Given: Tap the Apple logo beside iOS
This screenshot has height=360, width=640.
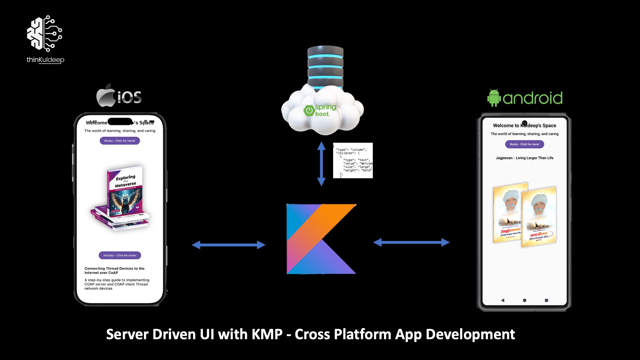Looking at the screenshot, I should [106, 96].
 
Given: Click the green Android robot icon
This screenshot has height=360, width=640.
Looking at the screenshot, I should [493, 98].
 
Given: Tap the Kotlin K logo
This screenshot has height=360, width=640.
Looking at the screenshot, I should [321, 239].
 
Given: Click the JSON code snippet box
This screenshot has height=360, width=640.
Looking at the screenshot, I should [353, 160].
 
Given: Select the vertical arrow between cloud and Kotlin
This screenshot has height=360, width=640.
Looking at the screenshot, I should [321, 164].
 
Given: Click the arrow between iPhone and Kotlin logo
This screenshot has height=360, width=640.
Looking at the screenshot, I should [228, 245].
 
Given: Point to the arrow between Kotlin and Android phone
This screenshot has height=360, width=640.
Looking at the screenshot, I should [412, 242].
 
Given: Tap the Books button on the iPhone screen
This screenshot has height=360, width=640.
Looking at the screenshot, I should [120, 141].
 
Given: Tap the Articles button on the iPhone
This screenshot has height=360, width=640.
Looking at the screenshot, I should [120, 255].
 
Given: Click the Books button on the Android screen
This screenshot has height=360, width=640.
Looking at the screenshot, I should [524, 144].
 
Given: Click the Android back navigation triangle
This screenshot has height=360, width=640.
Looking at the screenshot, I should [503, 300].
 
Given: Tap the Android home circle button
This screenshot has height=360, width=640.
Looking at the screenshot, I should [524, 300].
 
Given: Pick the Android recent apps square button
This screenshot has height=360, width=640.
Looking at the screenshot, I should [546, 300].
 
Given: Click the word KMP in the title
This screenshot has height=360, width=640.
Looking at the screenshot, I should [267, 334].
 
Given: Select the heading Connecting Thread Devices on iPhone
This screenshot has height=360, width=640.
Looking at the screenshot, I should [114, 270].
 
